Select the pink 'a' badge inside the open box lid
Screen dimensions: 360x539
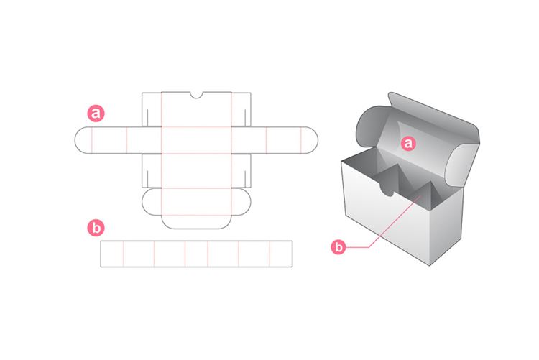tap(408, 144)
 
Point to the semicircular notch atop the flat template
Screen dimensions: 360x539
tap(196, 96)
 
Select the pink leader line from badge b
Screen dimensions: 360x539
tap(388, 230)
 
